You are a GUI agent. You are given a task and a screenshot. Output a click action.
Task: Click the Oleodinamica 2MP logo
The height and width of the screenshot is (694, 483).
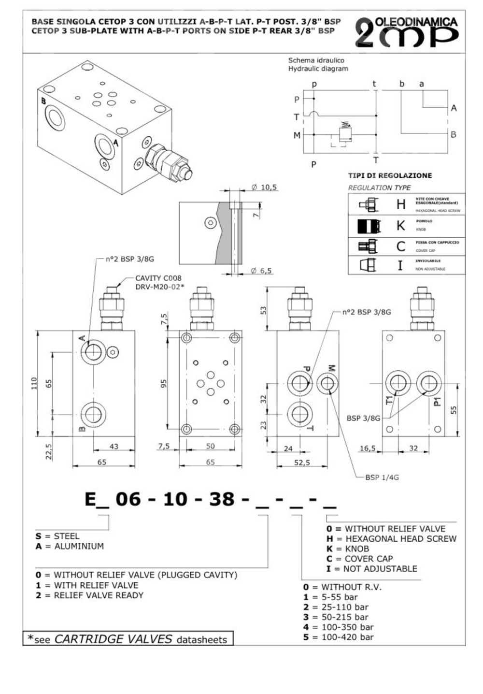pyautogui.click(x=407, y=33)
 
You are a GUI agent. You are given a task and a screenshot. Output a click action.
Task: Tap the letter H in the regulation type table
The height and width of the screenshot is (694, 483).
pyautogui.click(x=400, y=204)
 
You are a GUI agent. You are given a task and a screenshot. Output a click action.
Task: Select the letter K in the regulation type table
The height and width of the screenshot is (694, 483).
pyautogui.click(x=400, y=225)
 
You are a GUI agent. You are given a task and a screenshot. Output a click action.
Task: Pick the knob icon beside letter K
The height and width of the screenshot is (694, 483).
pyautogui.click(x=369, y=226)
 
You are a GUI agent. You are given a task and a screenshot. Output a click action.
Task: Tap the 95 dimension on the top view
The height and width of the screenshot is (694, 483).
pyautogui.click(x=164, y=383)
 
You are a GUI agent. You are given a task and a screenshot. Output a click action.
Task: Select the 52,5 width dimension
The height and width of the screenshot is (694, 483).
pyautogui.click(x=302, y=463)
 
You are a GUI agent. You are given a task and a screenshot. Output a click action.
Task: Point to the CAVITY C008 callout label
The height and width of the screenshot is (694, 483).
pyautogui.click(x=158, y=278)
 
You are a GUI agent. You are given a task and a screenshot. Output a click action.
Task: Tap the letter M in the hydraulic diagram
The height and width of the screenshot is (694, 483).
pyautogui.click(x=297, y=135)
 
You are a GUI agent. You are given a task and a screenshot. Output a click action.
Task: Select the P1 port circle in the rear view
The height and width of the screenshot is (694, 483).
pyautogui.click(x=428, y=384)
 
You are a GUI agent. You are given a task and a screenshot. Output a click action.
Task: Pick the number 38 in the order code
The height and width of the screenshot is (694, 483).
pyautogui.click(x=222, y=499)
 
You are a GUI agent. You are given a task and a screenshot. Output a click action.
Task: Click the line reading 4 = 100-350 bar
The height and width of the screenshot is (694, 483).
pyautogui.click(x=339, y=627)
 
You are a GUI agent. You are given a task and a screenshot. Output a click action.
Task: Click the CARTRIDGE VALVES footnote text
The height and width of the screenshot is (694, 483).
pyautogui.click(x=113, y=639)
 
